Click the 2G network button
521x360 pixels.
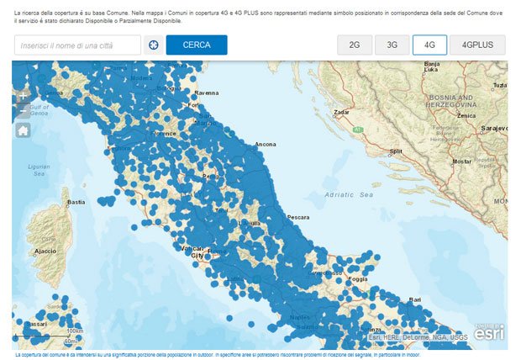[355, 45]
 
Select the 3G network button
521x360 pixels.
[392, 45]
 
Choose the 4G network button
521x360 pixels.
[429, 45]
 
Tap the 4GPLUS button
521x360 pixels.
[476, 45]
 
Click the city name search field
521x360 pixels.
[77, 45]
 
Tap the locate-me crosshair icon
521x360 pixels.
[154, 45]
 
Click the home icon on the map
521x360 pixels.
[23, 130]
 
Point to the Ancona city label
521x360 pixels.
[266, 145]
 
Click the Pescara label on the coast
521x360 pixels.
[298, 217]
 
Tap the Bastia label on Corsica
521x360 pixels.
[76, 202]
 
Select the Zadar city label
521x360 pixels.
[342, 111]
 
